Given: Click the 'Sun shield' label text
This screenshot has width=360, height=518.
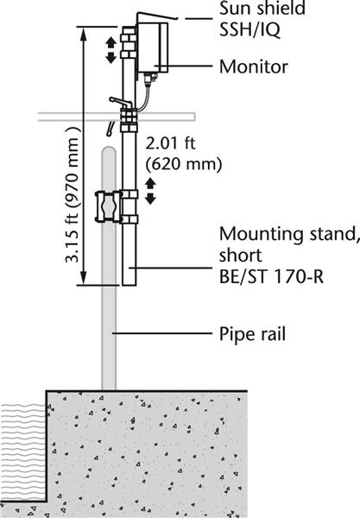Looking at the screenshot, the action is pyautogui.click(x=262, y=8).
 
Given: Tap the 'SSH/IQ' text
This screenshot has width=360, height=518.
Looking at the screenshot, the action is pyautogui.click(x=249, y=29).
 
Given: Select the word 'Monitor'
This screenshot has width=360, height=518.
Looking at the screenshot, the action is pyautogui.click(x=254, y=66).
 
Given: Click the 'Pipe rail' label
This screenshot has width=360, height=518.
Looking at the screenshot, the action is pyautogui.click(x=252, y=333).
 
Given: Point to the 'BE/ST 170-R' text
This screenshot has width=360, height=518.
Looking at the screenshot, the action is pyautogui.click(x=271, y=277).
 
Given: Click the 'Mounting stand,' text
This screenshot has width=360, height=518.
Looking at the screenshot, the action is pyautogui.click(x=289, y=234).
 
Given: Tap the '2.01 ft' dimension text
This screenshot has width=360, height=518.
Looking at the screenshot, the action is pyautogui.click(x=170, y=143).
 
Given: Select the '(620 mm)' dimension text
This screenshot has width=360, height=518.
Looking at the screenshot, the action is pyautogui.click(x=184, y=164).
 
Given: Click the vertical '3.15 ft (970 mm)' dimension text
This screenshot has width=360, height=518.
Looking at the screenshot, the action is pyautogui.click(x=73, y=195).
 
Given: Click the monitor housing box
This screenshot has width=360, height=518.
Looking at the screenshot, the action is pyautogui.click(x=153, y=47).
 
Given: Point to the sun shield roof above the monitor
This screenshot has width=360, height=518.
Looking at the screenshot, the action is pyautogui.click(x=155, y=16).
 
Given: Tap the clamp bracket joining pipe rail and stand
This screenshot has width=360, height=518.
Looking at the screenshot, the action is pyautogui.click(x=117, y=207).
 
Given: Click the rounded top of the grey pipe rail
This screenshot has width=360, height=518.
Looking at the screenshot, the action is pyautogui.click(x=109, y=150).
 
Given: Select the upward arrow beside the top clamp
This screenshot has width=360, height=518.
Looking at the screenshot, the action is pyautogui.click(x=111, y=43).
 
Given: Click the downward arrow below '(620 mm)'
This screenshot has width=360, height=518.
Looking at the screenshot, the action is pyautogui.click(x=150, y=199).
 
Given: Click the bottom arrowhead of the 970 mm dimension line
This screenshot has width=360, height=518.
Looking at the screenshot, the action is pyautogui.click(x=84, y=278).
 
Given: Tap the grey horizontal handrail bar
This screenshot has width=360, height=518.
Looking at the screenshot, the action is pyautogui.click(x=117, y=117).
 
